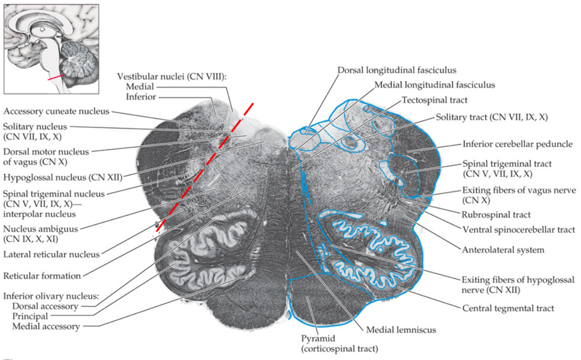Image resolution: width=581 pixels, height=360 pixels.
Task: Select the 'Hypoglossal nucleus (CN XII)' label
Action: pyautogui.click(x=62, y=176)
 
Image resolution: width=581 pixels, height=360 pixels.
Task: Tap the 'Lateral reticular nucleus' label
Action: pyautogui.click(x=51, y=254)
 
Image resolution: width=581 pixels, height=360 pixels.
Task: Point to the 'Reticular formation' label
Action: pyautogui.click(x=42, y=276)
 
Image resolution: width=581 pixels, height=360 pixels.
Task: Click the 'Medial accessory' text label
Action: pyautogui.click(x=45, y=326)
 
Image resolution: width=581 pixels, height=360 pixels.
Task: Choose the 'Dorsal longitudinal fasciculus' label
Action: pyautogui.click(x=396, y=70)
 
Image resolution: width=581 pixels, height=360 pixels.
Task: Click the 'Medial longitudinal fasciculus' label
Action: pyautogui.click(x=434, y=84)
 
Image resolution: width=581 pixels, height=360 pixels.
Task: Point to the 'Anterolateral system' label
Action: pyautogui.click(x=503, y=250)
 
